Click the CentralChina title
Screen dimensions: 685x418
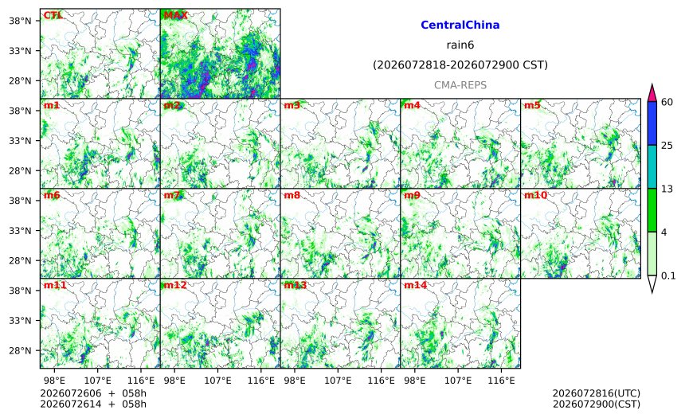[460, 25]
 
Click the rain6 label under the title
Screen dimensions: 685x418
[460, 45]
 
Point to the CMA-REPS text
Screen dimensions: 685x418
[460, 85]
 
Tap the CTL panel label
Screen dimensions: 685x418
[53, 15]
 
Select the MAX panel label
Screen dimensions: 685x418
[175, 15]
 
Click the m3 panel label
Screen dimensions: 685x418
[292, 105]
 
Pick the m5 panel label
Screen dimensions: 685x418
[532, 105]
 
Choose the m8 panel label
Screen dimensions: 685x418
[292, 195]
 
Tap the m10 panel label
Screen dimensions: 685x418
[535, 195]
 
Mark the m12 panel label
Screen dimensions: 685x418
[175, 285]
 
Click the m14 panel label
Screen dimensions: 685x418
[416, 285]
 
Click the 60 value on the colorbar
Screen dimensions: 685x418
[667, 102]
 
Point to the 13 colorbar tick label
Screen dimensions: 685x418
[667, 189]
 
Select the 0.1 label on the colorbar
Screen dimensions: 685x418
[668, 276]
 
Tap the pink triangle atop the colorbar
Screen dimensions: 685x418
[652, 93]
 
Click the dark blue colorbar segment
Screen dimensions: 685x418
[652, 123]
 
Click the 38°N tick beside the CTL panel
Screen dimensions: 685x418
[20, 21]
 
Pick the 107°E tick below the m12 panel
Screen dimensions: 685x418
[217, 381]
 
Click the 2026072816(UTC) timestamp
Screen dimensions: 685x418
[597, 393]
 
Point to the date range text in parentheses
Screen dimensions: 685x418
[460, 65]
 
